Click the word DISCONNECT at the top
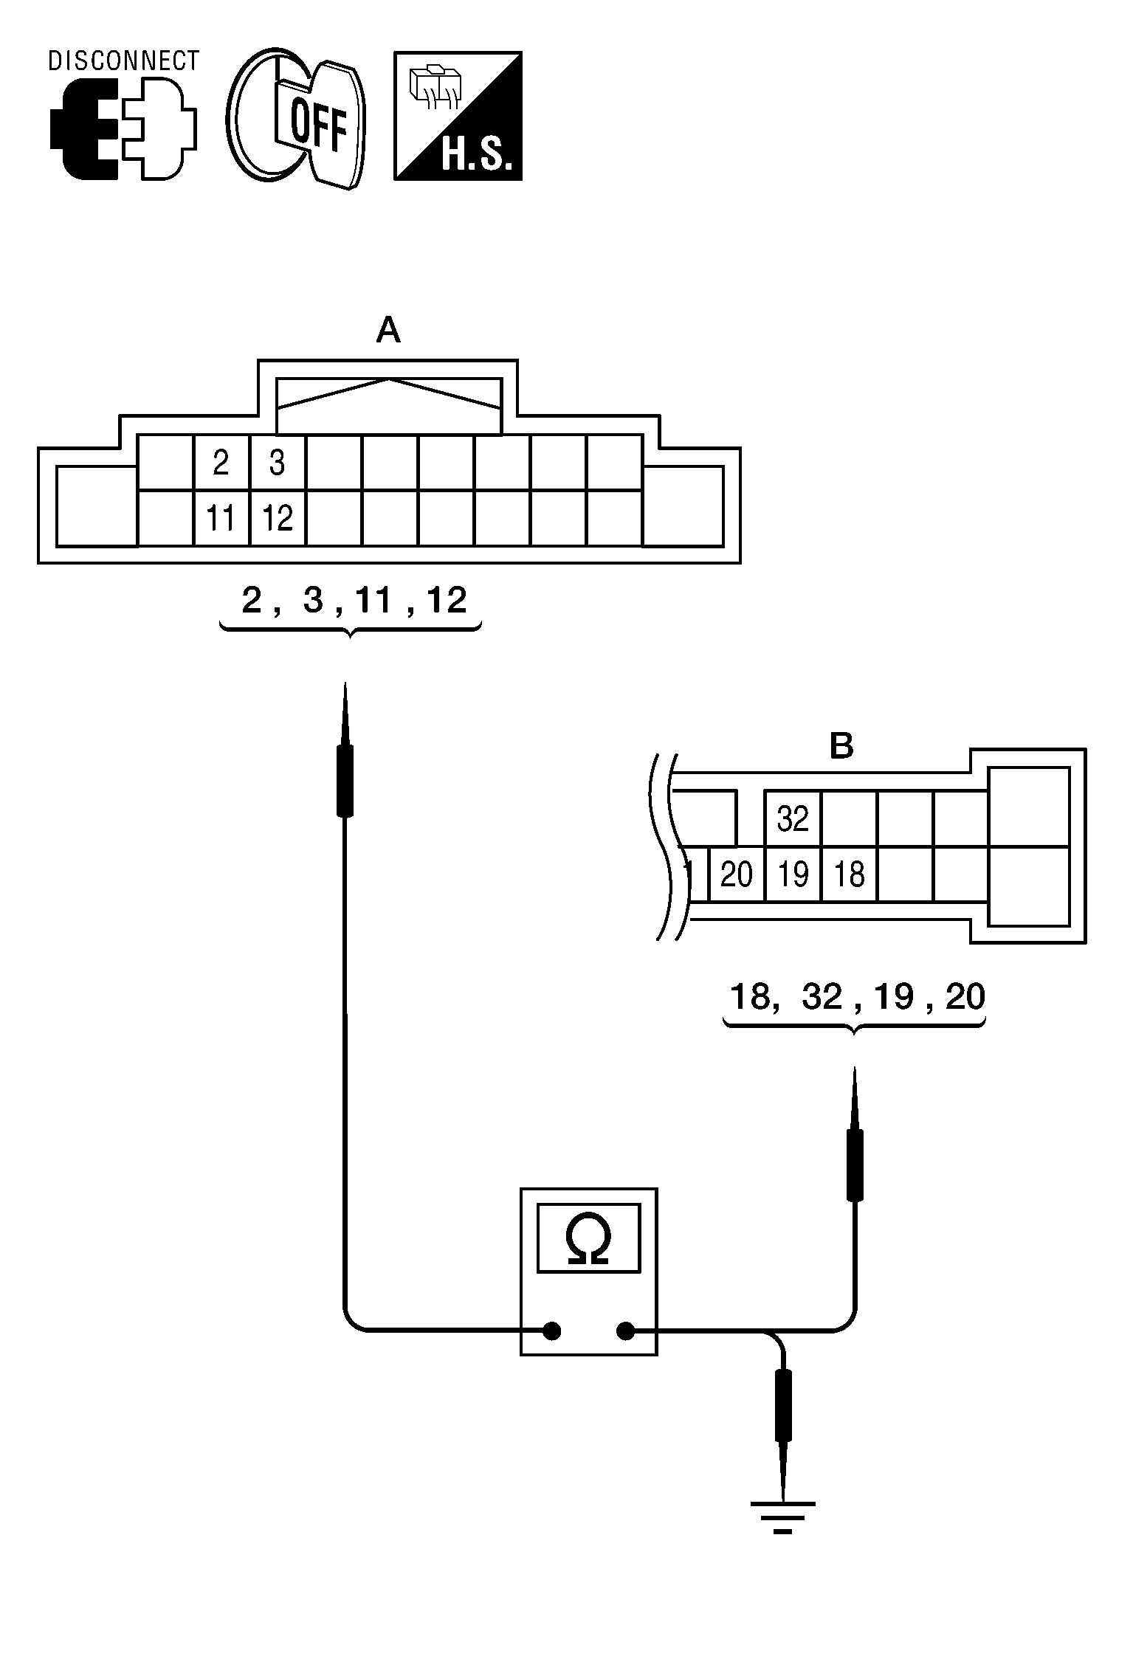coord(123,61)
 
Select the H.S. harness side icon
coord(458,116)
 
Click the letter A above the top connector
coord(388,331)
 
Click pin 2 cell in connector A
coord(221,463)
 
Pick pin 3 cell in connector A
coord(278,463)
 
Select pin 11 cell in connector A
coord(221,519)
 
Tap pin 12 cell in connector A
coord(278,519)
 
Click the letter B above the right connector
coord(841,746)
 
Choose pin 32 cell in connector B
coord(793,819)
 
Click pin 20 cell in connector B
coord(737,874)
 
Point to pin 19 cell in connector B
coord(793,874)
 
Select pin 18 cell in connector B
coord(849,874)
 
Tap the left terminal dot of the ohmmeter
coord(551,1331)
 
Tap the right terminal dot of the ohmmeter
coord(625,1331)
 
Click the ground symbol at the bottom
coord(783,1516)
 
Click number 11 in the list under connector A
coord(373,601)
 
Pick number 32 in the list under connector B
coord(822,998)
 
